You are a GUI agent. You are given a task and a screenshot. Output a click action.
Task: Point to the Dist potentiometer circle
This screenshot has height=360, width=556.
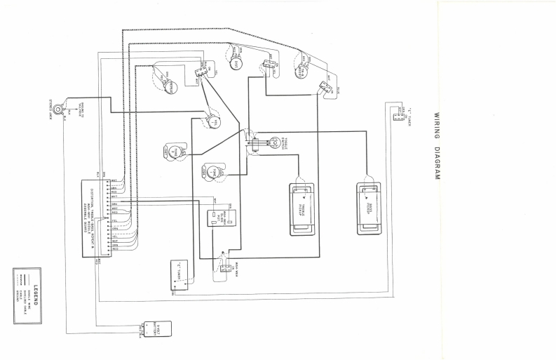pyautogui.click(x=238, y=65)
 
